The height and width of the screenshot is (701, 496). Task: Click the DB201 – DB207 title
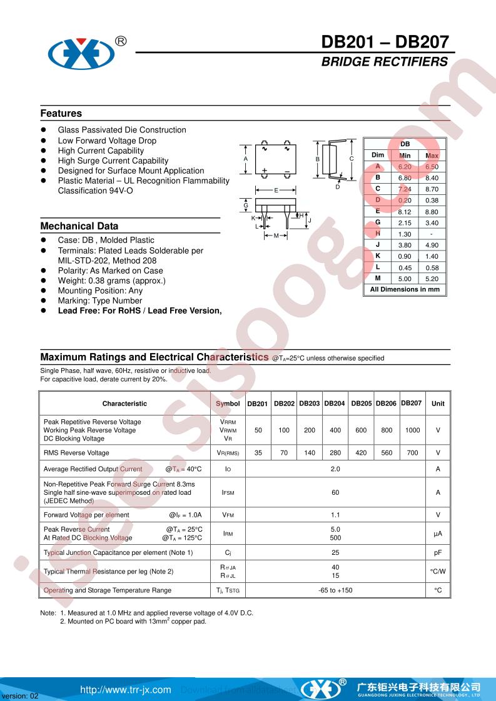(x=385, y=42)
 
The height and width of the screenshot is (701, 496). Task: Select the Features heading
(x=61, y=114)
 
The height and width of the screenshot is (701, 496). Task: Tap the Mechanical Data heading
(x=79, y=226)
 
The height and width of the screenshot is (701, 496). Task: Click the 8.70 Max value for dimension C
(x=432, y=189)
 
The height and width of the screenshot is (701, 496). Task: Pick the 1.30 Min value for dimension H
(x=405, y=234)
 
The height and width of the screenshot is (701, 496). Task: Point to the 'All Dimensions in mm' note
(x=405, y=290)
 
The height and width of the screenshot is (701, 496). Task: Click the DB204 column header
(x=335, y=404)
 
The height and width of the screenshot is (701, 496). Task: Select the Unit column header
(x=438, y=404)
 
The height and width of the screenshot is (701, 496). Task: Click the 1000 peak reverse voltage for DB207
(x=412, y=430)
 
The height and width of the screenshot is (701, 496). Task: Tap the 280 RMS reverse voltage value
(x=335, y=453)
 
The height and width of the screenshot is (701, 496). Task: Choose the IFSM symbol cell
(x=228, y=493)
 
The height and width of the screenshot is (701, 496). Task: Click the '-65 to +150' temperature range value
(x=335, y=590)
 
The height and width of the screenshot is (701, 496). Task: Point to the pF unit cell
(x=438, y=553)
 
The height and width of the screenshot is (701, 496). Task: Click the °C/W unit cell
(x=438, y=572)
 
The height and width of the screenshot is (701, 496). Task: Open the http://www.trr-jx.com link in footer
(x=126, y=690)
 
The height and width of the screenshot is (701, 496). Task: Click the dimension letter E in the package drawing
(x=276, y=190)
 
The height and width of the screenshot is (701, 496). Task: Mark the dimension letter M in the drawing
(x=276, y=236)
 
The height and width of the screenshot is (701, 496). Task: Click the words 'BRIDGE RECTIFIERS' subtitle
(x=385, y=62)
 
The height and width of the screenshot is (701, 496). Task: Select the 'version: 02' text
(x=21, y=696)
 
